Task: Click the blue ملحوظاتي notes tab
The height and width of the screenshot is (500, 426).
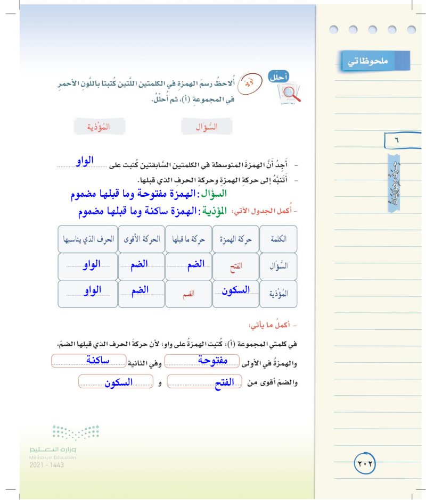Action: click(375, 61)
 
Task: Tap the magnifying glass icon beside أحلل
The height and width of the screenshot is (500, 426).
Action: click(289, 93)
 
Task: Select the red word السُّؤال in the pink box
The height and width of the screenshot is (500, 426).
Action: click(207, 127)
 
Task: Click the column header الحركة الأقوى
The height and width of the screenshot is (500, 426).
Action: click(141, 239)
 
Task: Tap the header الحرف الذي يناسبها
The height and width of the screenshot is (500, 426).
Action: click(87, 239)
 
